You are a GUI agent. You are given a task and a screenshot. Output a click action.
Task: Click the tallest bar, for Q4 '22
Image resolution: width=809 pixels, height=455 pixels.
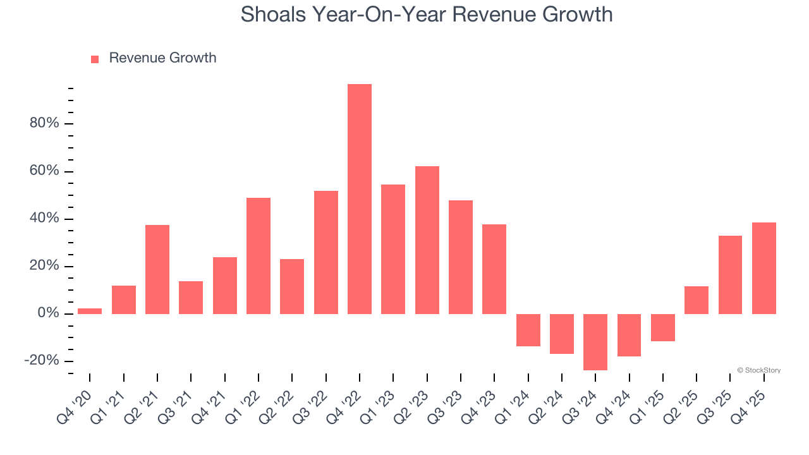pos(360,199)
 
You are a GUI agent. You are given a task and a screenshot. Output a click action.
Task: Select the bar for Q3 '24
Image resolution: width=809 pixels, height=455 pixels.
pos(595,342)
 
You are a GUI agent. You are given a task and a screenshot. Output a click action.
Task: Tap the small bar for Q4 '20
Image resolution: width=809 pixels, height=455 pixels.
pos(90,311)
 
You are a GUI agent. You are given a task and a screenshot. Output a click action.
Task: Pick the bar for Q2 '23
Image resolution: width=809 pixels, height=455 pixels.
pos(427,240)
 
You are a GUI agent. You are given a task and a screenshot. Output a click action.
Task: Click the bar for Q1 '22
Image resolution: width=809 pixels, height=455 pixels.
pos(259,256)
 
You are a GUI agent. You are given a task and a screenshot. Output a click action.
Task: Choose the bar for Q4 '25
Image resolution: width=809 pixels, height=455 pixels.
pos(764,268)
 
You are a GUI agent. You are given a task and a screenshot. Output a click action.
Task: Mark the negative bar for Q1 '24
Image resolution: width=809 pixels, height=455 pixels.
pos(528,330)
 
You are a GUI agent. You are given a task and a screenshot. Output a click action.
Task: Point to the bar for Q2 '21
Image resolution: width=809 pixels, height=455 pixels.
pos(157,269)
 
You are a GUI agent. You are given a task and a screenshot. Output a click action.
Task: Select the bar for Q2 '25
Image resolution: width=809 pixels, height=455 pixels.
pos(696,300)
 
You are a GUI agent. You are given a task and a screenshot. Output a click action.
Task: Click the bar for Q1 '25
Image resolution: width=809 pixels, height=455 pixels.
pos(663,327)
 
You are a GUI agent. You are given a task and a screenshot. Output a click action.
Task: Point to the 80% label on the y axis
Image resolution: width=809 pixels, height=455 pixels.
pos(44,123)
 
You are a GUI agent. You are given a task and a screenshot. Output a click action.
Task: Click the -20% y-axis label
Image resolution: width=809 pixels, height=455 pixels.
pos(42,361)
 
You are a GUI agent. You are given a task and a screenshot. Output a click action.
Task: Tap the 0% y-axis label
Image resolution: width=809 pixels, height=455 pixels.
pos(48,313)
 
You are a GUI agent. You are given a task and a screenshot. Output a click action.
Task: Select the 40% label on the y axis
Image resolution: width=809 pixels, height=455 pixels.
pos(44,219)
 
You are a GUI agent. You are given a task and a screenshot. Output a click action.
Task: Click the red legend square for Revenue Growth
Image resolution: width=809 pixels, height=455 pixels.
pos(95,59)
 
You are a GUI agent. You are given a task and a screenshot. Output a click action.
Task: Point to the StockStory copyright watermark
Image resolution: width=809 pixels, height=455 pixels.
pos(759,370)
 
